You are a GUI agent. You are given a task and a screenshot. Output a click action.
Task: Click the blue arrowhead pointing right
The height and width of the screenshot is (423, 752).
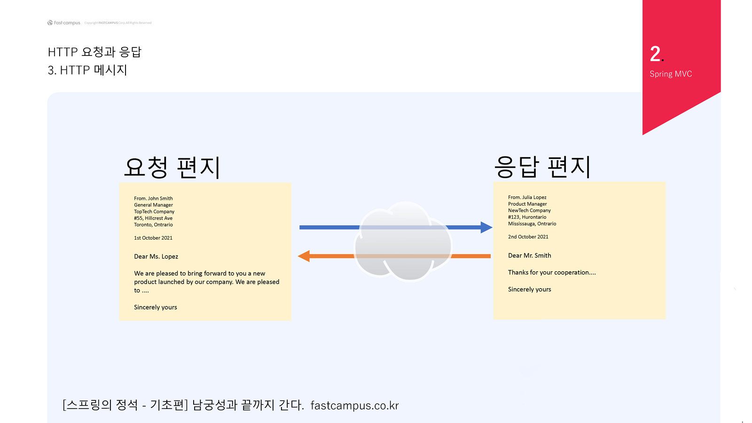(x=486, y=227)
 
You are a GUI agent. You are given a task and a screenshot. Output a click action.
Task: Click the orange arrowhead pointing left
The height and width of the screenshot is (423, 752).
(x=304, y=256)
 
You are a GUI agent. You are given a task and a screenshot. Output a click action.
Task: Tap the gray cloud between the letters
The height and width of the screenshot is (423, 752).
(x=403, y=242)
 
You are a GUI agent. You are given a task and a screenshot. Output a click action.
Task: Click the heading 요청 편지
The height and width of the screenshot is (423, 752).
(x=172, y=167)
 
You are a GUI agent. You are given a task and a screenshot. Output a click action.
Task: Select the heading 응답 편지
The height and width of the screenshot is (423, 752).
(x=542, y=167)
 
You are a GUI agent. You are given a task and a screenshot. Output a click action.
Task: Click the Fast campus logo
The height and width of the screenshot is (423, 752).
(x=64, y=23)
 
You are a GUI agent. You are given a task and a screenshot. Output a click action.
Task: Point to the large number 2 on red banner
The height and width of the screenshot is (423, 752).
(x=656, y=54)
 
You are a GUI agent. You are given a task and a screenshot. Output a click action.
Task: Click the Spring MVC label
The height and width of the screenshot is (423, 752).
(x=671, y=74)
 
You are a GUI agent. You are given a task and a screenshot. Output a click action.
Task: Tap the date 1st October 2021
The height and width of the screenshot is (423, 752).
(x=153, y=238)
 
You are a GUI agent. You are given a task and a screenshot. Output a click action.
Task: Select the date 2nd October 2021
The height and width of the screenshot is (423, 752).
(x=528, y=237)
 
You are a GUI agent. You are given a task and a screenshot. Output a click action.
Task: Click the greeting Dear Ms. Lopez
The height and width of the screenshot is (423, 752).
(x=156, y=257)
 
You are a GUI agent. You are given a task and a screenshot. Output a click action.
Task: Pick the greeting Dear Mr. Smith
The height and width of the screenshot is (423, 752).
(x=530, y=256)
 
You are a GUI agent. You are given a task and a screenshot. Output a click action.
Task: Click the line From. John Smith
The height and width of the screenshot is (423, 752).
(x=153, y=198)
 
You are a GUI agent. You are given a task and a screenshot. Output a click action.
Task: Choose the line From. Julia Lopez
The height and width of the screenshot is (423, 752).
(x=527, y=197)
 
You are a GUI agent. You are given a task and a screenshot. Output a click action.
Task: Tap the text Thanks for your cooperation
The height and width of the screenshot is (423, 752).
(x=552, y=273)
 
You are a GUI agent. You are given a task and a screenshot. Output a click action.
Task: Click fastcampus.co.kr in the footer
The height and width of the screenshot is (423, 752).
(x=354, y=406)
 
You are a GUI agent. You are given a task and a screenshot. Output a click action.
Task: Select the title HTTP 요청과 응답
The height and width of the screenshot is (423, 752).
(x=94, y=52)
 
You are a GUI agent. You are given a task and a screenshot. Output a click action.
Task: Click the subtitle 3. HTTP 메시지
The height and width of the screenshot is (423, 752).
(x=87, y=70)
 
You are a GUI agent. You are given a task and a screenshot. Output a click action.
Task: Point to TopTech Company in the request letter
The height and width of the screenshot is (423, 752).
(x=154, y=211)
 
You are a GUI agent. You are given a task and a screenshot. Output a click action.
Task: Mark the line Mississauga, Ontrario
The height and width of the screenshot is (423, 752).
(x=532, y=224)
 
